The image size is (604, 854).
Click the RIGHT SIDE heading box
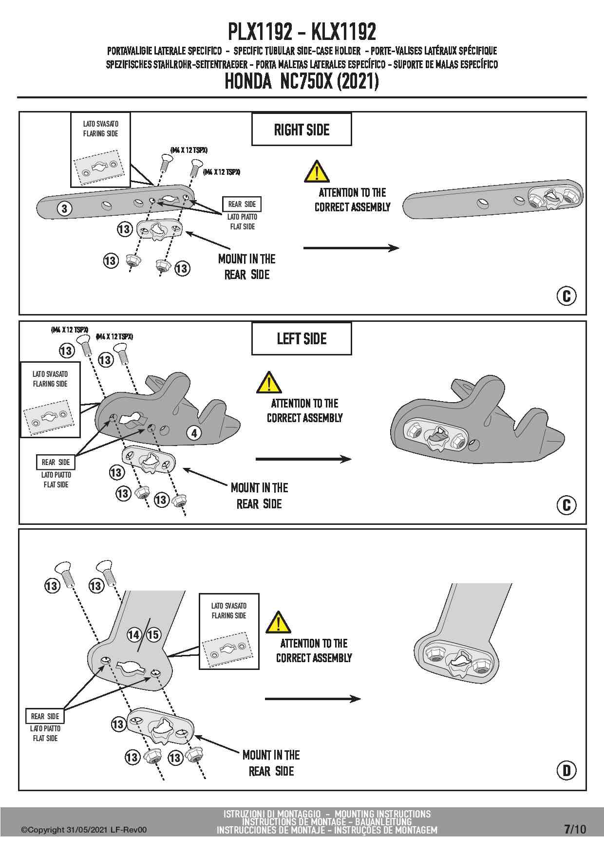302,130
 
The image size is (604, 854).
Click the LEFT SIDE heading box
302,338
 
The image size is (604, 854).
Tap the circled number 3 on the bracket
65,209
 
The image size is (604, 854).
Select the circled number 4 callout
194,433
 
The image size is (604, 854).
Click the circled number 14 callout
134,634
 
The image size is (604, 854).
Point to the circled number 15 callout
153,634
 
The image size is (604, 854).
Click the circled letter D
566,770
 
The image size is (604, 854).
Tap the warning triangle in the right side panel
317,171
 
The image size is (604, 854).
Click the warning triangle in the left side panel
269,382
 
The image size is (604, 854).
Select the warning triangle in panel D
278,622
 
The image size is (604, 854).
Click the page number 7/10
575,829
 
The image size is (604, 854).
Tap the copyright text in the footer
83,830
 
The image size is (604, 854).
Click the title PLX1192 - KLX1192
302,32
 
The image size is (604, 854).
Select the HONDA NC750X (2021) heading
302,81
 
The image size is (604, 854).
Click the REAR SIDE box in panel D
45,716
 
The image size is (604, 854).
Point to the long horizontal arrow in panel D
313,699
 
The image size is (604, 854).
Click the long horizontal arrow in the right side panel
351,248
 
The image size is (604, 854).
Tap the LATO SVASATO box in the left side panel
50,399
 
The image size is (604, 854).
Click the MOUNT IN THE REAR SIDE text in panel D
271,763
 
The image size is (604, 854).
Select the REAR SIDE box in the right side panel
242,204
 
